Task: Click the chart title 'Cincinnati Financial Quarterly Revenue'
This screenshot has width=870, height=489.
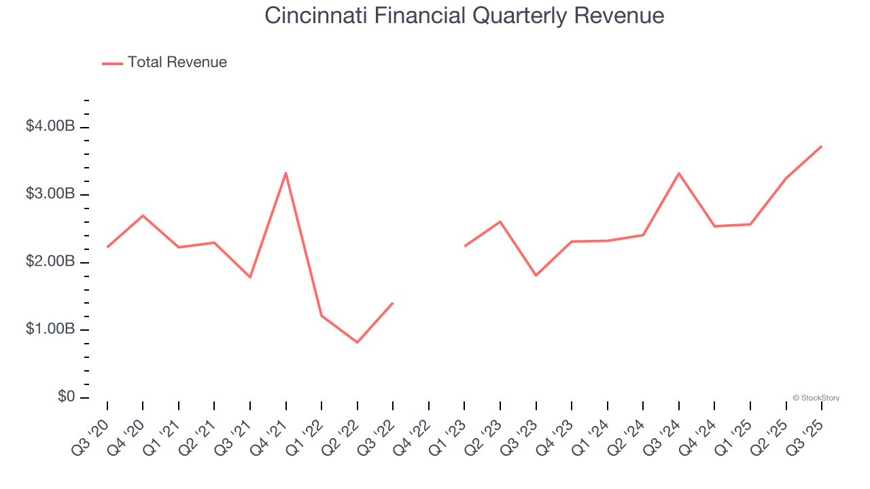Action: pos(464,16)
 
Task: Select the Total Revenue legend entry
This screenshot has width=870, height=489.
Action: pos(164,62)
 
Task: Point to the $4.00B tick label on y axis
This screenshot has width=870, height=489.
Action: pos(50,126)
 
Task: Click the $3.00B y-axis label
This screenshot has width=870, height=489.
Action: pos(50,194)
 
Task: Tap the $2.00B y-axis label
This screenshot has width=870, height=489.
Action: pos(50,261)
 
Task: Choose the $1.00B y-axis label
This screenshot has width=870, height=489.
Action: pos(50,329)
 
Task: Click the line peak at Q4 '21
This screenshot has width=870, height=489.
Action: pos(285,173)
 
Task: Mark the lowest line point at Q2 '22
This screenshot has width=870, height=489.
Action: pos(357,342)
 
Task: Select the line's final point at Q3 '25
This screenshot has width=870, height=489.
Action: pos(821,146)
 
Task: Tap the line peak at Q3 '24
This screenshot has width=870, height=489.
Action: pos(678,173)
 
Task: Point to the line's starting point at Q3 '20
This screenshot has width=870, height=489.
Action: pos(107,247)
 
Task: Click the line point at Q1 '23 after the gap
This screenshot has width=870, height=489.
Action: pos(464,246)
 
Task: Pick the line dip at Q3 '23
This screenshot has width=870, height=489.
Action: pos(536,275)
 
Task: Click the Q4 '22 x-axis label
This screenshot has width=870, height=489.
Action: pos(416,434)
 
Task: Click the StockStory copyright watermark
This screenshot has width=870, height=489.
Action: pos(816,398)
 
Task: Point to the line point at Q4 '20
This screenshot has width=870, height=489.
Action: pos(143,215)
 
